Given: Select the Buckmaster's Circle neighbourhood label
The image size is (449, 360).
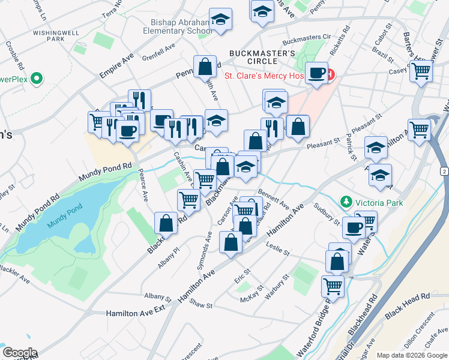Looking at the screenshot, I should [x=261, y=59].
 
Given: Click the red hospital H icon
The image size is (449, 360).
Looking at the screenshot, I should [x=330, y=76].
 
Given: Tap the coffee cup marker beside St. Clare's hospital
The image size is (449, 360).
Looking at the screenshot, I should [x=316, y=74].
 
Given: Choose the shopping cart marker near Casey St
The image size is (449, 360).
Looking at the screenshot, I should [x=421, y=71].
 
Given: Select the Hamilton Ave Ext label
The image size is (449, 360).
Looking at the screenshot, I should [x=135, y=313].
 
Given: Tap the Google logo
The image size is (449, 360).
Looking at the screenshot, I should [x=19, y=353].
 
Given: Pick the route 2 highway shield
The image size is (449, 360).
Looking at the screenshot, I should [x=443, y=172].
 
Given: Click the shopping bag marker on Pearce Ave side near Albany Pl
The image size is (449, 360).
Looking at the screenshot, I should [x=166, y=223].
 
